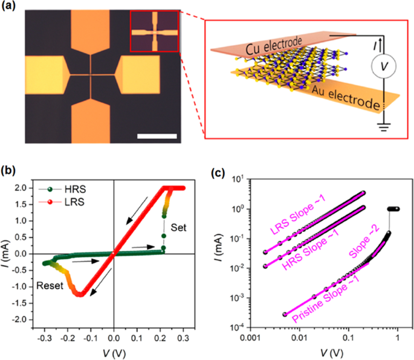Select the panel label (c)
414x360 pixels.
point(217,171)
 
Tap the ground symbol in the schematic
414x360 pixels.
point(380,127)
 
